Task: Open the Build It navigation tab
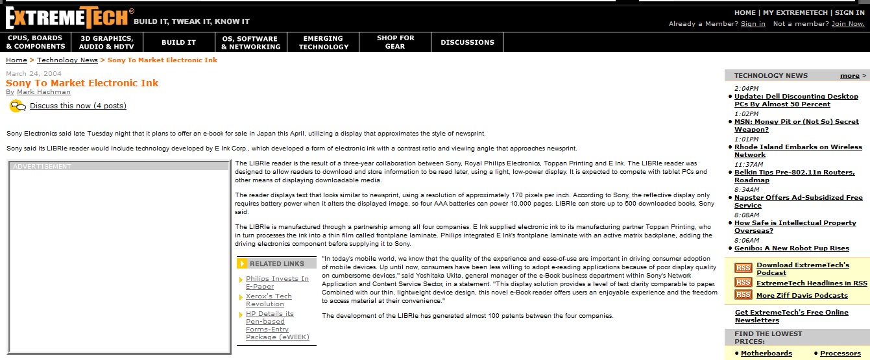(x=178, y=42)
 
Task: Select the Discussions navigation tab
(x=467, y=42)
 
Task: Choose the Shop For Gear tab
(x=395, y=42)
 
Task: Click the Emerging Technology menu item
(x=323, y=42)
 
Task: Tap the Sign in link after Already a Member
(x=753, y=24)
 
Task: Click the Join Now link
(x=848, y=24)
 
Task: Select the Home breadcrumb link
(x=16, y=60)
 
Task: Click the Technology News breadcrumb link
(x=67, y=60)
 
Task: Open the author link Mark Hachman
(x=44, y=92)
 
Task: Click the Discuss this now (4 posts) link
(x=78, y=106)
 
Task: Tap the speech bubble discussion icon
(x=18, y=106)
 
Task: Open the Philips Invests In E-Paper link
(x=277, y=282)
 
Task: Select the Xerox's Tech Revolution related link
(x=269, y=300)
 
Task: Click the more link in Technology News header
(x=849, y=76)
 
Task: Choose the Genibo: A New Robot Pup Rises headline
(x=791, y=248)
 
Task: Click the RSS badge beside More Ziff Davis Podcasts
(x=743, y=295)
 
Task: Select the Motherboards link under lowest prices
(x=766, y=354)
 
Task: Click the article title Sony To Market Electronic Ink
(x=82, y=83)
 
